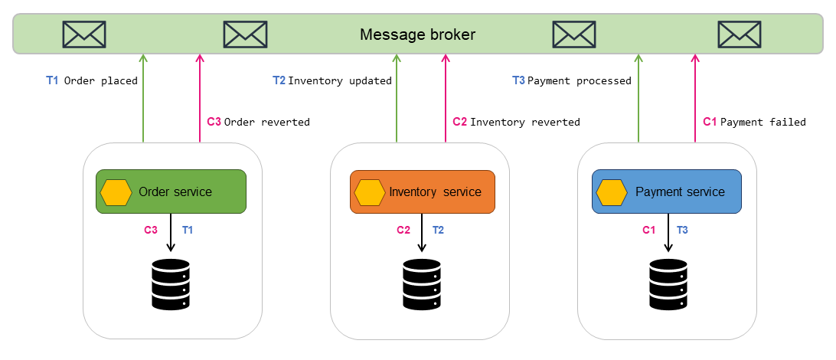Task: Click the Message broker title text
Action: tap(417, 34)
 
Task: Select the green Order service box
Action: tap(171, 191)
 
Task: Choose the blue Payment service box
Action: tap(667, 191)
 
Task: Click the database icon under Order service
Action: tap(171, 284)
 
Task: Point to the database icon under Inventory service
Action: tap(422, 284)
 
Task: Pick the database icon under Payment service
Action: tap(668, 284)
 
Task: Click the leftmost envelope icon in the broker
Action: tap(83, 34)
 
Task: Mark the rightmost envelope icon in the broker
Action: tap(739, 34)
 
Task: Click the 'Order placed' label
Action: tap(100, 80)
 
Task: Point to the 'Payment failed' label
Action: tap(763, 122)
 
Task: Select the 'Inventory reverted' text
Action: tap(524, 122)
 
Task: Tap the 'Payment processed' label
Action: tap(580, 80)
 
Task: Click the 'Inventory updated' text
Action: tap(340, 80)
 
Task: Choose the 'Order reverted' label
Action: tap(266, 122)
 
